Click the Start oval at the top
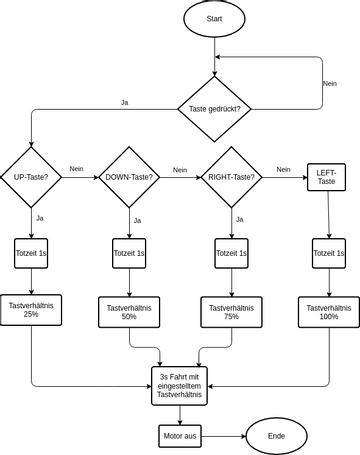[215, 20]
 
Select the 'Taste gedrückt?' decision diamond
[215, 108]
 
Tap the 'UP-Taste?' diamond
[32, 178]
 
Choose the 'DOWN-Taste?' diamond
[129, 178]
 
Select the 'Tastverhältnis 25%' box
[32, 309]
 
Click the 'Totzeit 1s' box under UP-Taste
[32, 254]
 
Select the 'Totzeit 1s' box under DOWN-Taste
[129, 254]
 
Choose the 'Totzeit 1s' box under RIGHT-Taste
[231, 254]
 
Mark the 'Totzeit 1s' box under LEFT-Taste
[328, 254]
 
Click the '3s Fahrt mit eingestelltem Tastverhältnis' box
[179, 386]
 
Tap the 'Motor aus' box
[179, 436]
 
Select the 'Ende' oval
[276, 436]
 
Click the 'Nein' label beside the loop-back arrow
[329, 83]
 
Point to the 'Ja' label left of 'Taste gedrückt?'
[124, 102]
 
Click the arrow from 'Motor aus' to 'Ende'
[224, 436]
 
